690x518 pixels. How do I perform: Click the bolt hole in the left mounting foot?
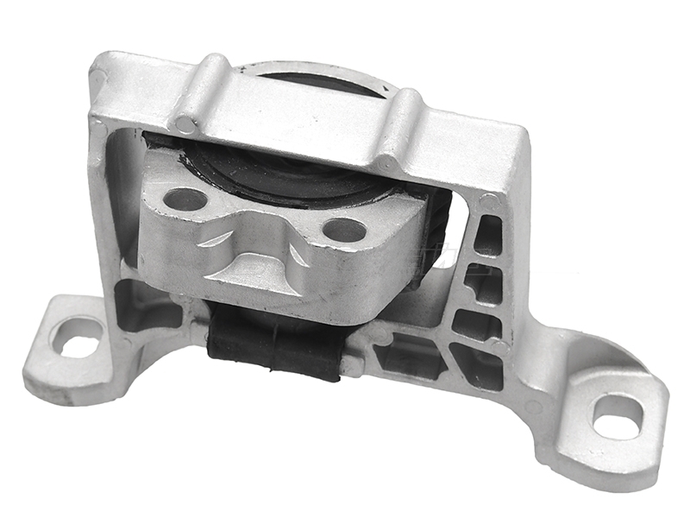click(78, 336)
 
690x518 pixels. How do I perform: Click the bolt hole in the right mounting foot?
click(618, 416)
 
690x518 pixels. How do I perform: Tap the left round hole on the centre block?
click(185, 200)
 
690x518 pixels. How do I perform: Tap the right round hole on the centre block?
click(344, 230)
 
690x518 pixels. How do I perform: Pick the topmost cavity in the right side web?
click(488, 235)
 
